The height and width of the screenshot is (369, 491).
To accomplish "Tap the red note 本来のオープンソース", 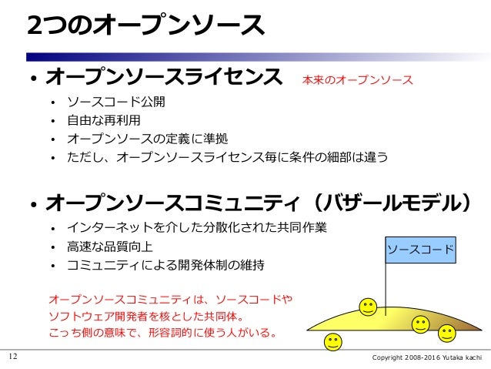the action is pos(357,79).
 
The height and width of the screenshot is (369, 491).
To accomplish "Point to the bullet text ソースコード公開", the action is pos(116,102).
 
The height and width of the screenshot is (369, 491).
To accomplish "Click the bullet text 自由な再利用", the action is pos(104,120).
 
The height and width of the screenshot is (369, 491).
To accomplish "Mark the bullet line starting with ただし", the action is pos(227,157).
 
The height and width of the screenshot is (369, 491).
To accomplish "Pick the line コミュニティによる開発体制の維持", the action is pos(165,265).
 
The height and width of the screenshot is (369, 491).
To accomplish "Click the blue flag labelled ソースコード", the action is pos(420,250).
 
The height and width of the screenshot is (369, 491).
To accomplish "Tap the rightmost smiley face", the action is pos(447,333).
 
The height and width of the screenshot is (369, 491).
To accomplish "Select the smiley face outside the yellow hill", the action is pos(333,342).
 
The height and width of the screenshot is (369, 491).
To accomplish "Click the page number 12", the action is pos(12,357).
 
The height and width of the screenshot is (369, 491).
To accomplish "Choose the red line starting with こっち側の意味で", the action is pos(162,334).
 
